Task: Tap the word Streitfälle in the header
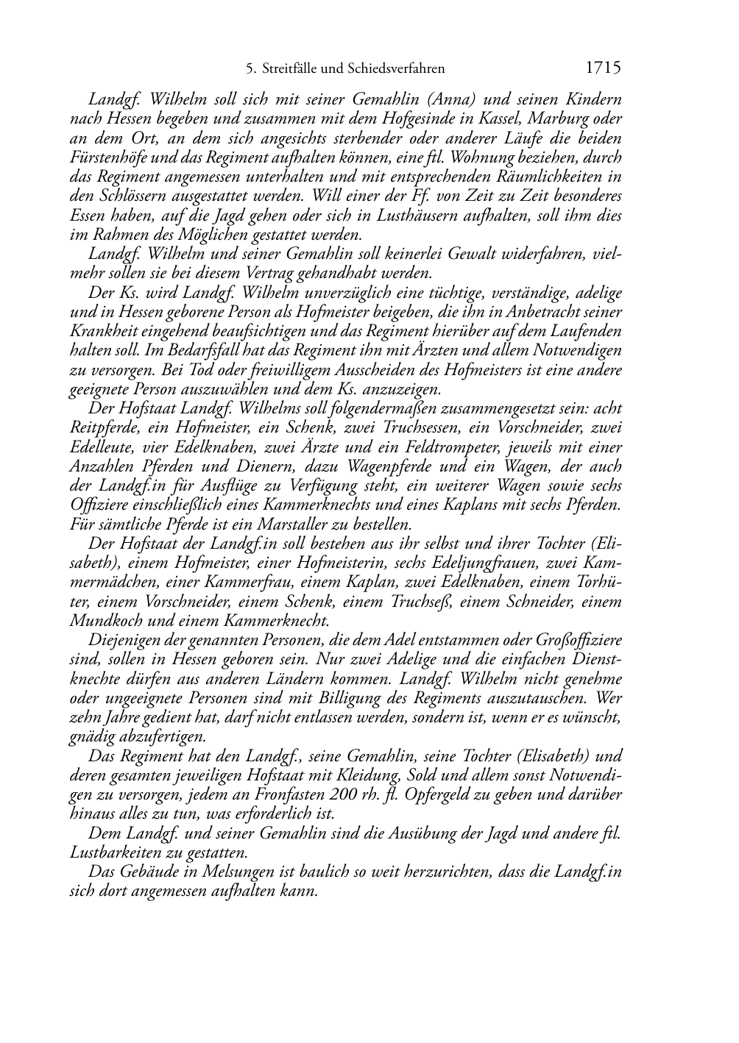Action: click(290, 70)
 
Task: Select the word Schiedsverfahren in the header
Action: click(398, 70)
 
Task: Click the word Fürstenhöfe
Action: click(107, 157)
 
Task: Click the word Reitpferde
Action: click(103, 428)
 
